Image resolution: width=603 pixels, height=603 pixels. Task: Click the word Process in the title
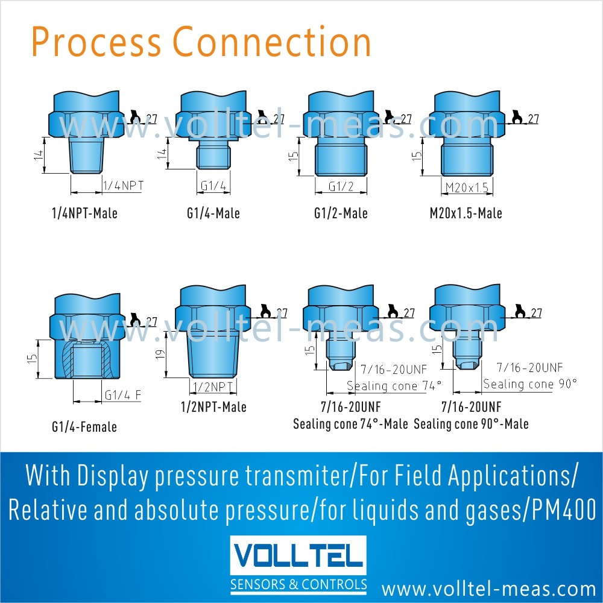(96, 42)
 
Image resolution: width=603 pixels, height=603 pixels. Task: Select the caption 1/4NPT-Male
(84, 213)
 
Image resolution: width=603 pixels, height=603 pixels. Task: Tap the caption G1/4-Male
(213, 213)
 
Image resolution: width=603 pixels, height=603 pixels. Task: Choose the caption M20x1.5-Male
(467, 213)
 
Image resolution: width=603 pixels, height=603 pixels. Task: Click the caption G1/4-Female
(84, 427)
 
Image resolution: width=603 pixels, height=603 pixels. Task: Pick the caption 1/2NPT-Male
(213, 407)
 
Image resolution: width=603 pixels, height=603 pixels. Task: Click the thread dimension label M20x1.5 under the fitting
(466, 188)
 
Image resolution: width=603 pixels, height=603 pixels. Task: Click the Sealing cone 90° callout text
(530, 384)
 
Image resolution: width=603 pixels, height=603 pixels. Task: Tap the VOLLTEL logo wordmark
(298, 557)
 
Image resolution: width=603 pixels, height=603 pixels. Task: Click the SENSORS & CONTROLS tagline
(298, 584)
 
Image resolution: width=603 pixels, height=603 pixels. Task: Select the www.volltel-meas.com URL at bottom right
(488, 588)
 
